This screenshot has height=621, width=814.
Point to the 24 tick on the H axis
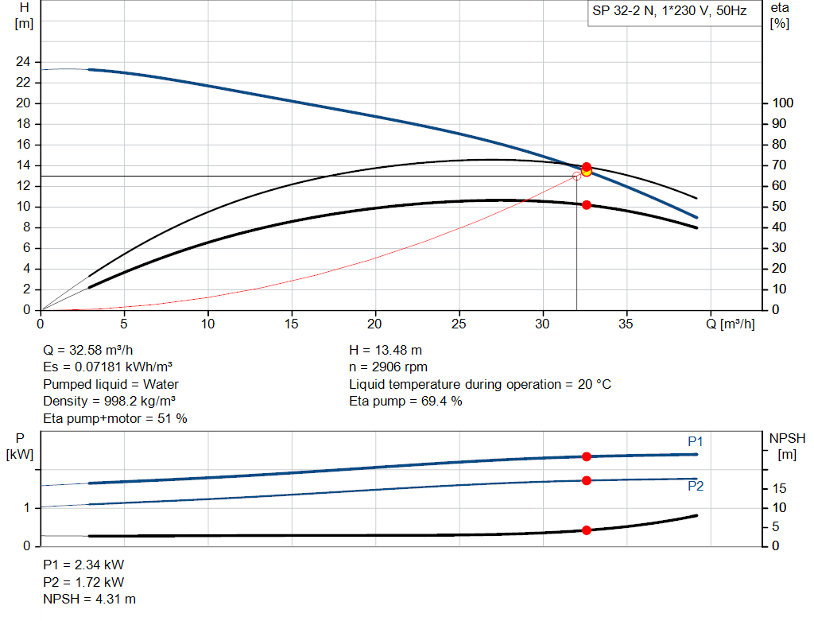tap(23, 62)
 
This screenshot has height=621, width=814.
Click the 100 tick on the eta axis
tap(782, 103)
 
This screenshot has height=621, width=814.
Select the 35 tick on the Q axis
tap(626, 324)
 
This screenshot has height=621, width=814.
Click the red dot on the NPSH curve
tap(587, 530)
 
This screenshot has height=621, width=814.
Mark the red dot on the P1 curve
tap(587, 456)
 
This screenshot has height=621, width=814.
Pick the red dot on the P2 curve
tap(587, 480)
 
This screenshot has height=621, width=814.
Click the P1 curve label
tap(696, 441)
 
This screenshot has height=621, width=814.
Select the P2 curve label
tap(696, 486)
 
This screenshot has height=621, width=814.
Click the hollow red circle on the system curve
tap(576, 176)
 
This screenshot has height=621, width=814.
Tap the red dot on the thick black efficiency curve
tap(587, 205)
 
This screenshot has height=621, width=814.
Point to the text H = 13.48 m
tap(385, 350)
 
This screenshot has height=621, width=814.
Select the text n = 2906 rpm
tap(389, 367)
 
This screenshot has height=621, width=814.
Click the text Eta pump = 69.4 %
tap(405, 402)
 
